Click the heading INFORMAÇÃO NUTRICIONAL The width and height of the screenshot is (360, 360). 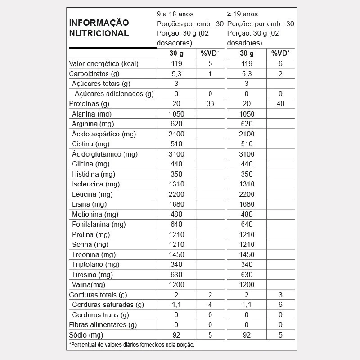99,28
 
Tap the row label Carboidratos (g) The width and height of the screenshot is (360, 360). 94,74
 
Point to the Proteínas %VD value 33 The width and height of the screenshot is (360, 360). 210,104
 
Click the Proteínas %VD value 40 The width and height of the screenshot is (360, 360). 280,104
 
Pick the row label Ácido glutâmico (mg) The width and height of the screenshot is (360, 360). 104,154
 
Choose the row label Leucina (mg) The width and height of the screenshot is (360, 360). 92,194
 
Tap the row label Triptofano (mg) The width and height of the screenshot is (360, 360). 95,265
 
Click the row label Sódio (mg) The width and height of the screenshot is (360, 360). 86,335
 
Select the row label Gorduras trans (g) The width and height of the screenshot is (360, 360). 100,315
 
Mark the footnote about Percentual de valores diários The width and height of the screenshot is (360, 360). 131,345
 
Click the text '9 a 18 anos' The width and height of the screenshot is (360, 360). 175,14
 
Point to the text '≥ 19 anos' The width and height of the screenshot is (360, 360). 243,14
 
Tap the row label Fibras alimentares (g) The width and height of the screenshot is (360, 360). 103,325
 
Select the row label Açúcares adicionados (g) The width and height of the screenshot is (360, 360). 114,94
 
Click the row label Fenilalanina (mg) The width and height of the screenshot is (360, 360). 99,225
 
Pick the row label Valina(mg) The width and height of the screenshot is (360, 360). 89,285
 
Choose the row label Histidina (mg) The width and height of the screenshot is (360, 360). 94,174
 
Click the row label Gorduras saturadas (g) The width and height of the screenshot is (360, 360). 108,305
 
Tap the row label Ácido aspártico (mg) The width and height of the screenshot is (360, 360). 103,134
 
